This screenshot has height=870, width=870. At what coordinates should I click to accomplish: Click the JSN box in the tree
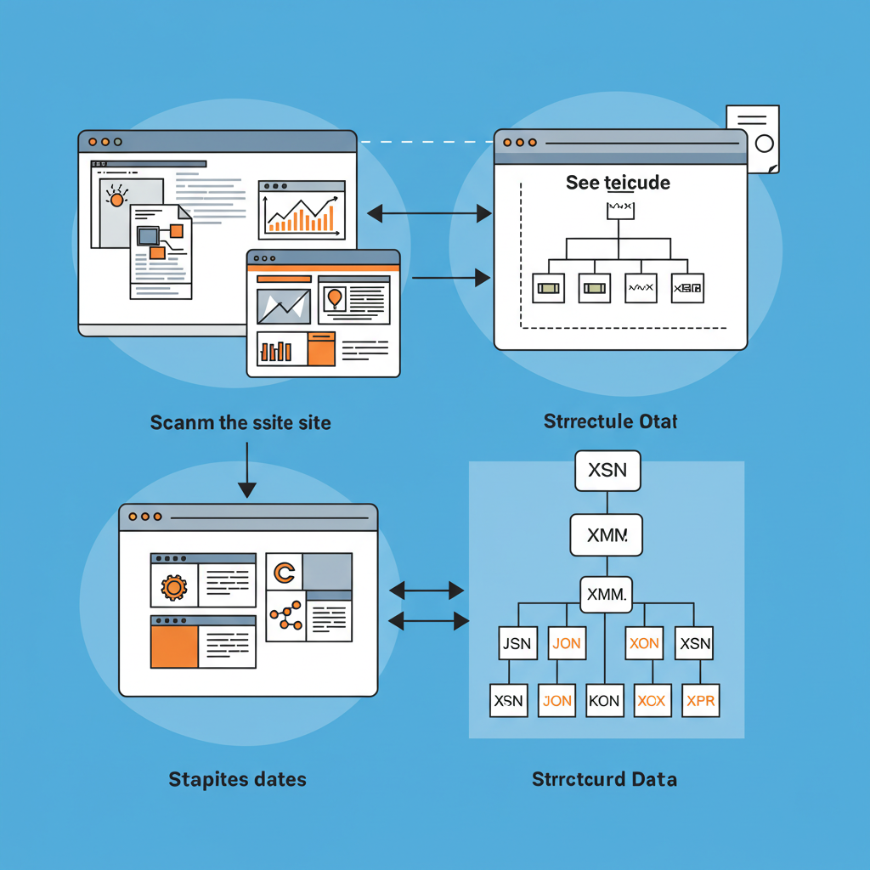[517, 643]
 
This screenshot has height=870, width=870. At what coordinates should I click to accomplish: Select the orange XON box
[644, 643]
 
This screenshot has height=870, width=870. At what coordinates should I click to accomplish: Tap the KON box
[604, 701]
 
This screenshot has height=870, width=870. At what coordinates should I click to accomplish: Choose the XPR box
[701, 701]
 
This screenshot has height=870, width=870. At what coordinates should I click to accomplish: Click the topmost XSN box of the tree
[607, 471]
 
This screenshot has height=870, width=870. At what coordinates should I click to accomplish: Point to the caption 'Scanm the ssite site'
[240, 422]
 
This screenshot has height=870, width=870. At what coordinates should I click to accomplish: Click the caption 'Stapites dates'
[237, 778]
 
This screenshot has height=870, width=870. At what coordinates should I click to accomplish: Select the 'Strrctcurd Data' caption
[604, 778]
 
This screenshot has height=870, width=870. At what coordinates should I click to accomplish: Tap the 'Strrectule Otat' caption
[610, 421]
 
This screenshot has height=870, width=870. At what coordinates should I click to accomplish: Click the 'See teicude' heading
[618, 183]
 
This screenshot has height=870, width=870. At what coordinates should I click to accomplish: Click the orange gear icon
[174, 586]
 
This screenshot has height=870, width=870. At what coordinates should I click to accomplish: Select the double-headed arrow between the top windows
[429, 213]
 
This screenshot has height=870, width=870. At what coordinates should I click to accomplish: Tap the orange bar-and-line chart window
[302, 210]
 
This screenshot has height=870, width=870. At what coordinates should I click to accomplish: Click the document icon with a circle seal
[753, 138]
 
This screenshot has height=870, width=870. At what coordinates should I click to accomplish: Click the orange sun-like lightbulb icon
[116, 198]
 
